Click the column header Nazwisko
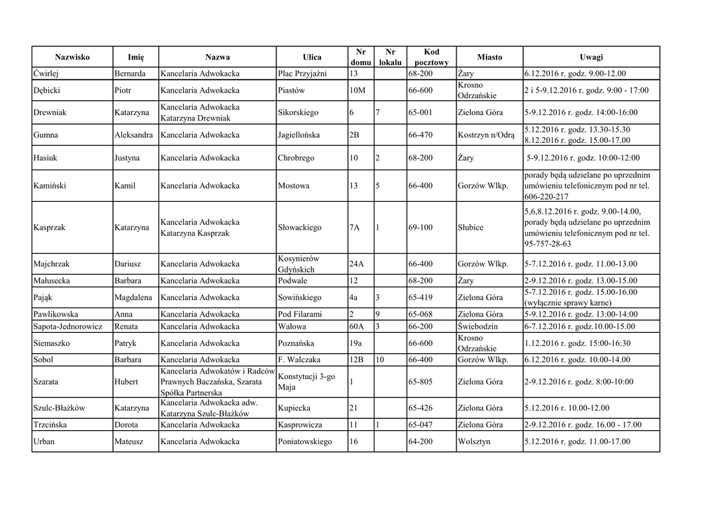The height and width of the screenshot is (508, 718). click(x=72, y=57)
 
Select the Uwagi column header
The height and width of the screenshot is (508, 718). click(x=591, y=57)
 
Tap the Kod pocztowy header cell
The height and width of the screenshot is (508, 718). click(x=431, y=57)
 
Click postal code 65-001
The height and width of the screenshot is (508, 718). click(x=420, y=112)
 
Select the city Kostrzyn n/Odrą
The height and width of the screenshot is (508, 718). click(x=486, y=135)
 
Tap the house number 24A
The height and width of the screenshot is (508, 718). click(x=356, y=264)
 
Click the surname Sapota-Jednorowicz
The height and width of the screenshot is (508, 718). click(x=67, y=327)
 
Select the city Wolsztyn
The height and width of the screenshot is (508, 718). click(x=477, y=442)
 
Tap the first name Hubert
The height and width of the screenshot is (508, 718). click(x=127, y=382)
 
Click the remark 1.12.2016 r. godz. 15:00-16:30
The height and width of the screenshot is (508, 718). click(x=577, y=343)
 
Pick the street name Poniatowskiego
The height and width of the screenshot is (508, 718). click(x=304, y=442)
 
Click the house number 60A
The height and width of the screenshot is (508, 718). click(x=356, y=327)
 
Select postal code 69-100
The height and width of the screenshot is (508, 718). click(x=420, y=228)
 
